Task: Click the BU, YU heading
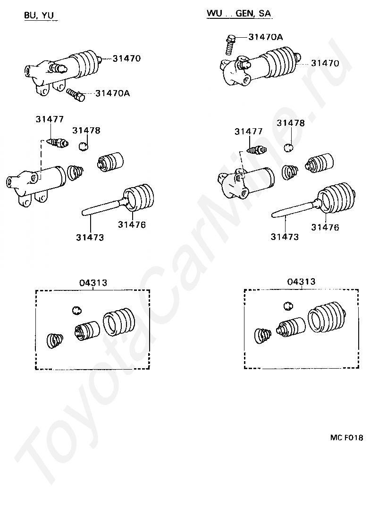coord(40,15)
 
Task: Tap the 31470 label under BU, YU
coord(126,58)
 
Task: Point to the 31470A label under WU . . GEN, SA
coord(265,37)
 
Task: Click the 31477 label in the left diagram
coord(49,119)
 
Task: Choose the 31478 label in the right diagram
coord(291,123)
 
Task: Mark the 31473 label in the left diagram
coord(90,237)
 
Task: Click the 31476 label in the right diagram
coord(325,227)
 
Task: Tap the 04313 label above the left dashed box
coord(93,283)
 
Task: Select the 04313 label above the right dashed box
coord(301,281)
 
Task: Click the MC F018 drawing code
coord(346,437)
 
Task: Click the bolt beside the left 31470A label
coord(75,94)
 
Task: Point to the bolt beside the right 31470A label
coord(232,43)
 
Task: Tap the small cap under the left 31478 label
coord(84,146)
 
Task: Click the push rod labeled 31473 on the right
coord(293,211)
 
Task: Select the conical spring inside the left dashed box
coord(56,340)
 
